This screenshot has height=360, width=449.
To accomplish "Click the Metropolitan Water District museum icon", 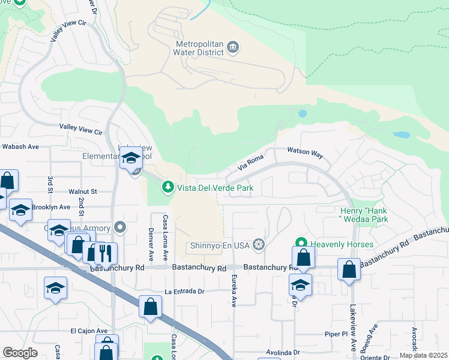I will pyautogui.click(x=234, y=47).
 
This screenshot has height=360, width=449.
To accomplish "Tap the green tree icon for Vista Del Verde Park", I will pyautogui.click(x=169, y=188).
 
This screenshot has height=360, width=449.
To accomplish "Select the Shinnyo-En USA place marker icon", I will pyautogui.click(x=259, y=244).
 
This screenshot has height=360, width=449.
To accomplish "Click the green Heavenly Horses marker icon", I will pyautogui.click(x=301, y=244).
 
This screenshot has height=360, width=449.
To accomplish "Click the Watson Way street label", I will pyautogui.click(x=305, y=153).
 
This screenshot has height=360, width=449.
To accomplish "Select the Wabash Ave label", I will pyautogui.click(x=20, y=146).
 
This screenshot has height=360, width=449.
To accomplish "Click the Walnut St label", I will pyautogui.click(x=82, y=191).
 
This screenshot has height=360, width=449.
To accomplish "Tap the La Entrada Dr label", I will pyautogui.click(x=185, y=292).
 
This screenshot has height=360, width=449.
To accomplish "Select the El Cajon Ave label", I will pyautogui.click(x=89, y=331).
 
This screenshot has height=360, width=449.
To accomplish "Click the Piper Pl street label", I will pyautogui.click(x=336, y=334).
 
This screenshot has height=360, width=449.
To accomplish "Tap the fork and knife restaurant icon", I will pyautogui.click(x=105, y=253).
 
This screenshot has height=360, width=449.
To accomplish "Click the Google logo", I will pyautogui.click(x=20, y=353).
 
